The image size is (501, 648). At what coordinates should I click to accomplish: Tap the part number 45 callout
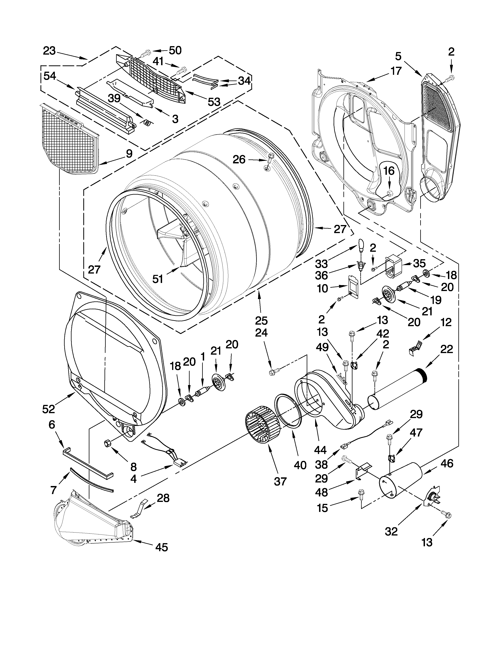pyautogui.click(x=161, y=547)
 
